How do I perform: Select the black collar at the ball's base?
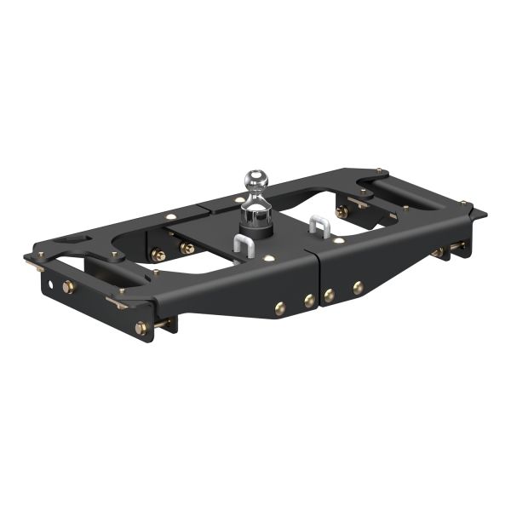pyautogui.click(x=255, y=224)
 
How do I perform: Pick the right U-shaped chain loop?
pyautogui.click(x=319, y=227)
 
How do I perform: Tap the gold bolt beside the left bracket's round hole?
pyautogui.click(x=69, y=287)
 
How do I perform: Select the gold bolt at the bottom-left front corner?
pyautogui.click(x=141, y=327)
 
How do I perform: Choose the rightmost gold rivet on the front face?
pyautogui.click(x=358, y=288)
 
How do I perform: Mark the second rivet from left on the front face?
pyautogui.click(x=309, y=301)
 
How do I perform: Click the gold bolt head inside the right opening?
pyautogui.click(x=342, y=211)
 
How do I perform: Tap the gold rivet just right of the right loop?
pyautogui.click(x=339, y=241)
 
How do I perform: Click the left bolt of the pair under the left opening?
pyautogui.click(x=158, y=254)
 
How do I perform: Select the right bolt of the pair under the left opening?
pyautogui.click(x=187, y=249)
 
